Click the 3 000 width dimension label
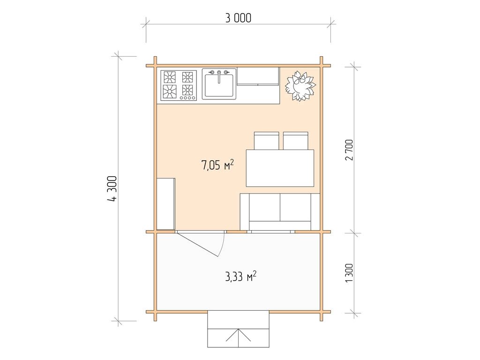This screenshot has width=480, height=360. click(238, 18)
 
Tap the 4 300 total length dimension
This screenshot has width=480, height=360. click(112, 188)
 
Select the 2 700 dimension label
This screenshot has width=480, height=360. click(349, 150)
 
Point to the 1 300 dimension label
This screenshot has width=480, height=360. click(349, 273)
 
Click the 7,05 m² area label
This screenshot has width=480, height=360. click(217, 165)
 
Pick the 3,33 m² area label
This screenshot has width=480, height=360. click(241, 277)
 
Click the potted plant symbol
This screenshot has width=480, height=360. click(300, 86)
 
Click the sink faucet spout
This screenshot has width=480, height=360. click(219, 77)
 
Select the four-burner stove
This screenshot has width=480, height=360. click(174, 85)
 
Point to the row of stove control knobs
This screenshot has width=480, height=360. click(187, 98)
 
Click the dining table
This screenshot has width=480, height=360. click(280, 168)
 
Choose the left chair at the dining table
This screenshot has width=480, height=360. click(266, 141)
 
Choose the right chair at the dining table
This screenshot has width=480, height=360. click(295, 141)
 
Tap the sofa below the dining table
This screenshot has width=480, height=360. click(280, 211)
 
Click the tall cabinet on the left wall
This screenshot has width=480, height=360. click(166, 204)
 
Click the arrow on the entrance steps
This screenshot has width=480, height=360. click(238, 335)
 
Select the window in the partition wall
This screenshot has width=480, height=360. click(270, 232)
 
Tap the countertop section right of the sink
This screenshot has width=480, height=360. click(258, 76)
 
